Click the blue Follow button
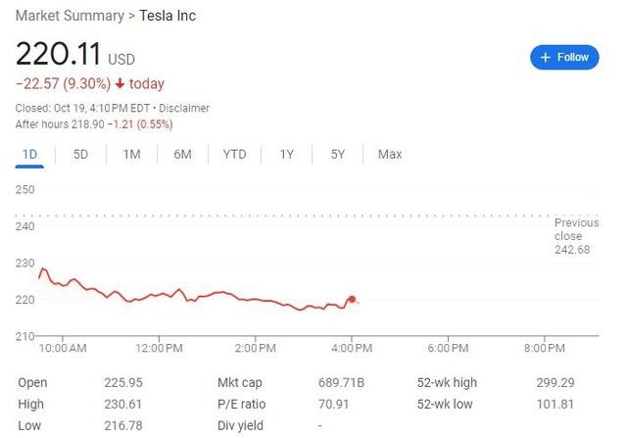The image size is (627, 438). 564,57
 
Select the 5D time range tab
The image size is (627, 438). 80,154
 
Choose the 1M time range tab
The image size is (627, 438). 131,154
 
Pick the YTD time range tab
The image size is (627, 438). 234,154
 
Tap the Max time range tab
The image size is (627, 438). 390,154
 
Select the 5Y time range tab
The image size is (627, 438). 337,154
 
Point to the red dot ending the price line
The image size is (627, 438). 352,300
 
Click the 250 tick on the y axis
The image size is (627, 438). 25,190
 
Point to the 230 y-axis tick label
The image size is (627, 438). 25,264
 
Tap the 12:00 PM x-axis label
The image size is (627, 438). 160,348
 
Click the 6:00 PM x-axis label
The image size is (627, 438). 452,348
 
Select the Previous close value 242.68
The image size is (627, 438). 573,249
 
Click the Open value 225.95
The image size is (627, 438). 119,383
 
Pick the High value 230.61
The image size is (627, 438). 119,404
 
